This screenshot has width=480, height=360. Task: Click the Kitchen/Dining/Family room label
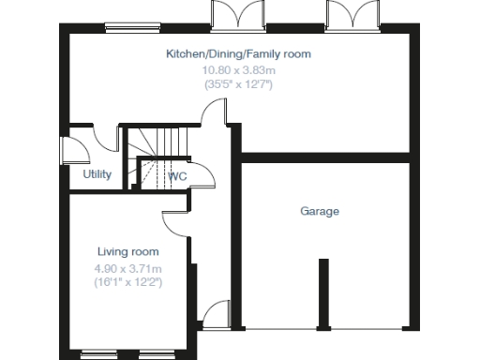pos(238,54)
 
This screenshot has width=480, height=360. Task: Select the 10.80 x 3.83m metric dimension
pos(238,69)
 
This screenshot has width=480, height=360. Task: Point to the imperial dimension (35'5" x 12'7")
pos(238,84)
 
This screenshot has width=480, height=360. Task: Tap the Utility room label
pos(97,174)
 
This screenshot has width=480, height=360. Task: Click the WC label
pos(177,175)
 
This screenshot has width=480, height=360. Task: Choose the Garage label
pos(320,211)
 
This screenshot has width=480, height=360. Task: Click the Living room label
pos(128,251)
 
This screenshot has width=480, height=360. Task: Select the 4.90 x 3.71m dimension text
pos(128,269)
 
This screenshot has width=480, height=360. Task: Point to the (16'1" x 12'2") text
pos(128,282)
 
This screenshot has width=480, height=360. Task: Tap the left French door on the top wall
pos(233,15)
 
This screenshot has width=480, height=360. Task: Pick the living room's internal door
pos(174,223)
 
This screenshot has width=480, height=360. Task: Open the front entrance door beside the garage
pos(218,313)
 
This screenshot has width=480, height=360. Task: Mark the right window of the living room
pos(156,354)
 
